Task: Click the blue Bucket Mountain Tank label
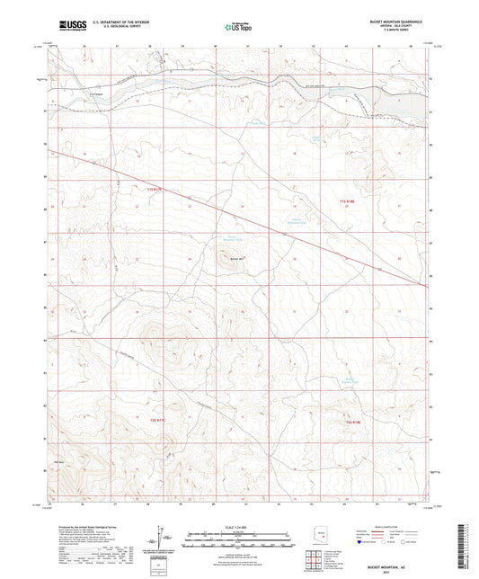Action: pos(234,238)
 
